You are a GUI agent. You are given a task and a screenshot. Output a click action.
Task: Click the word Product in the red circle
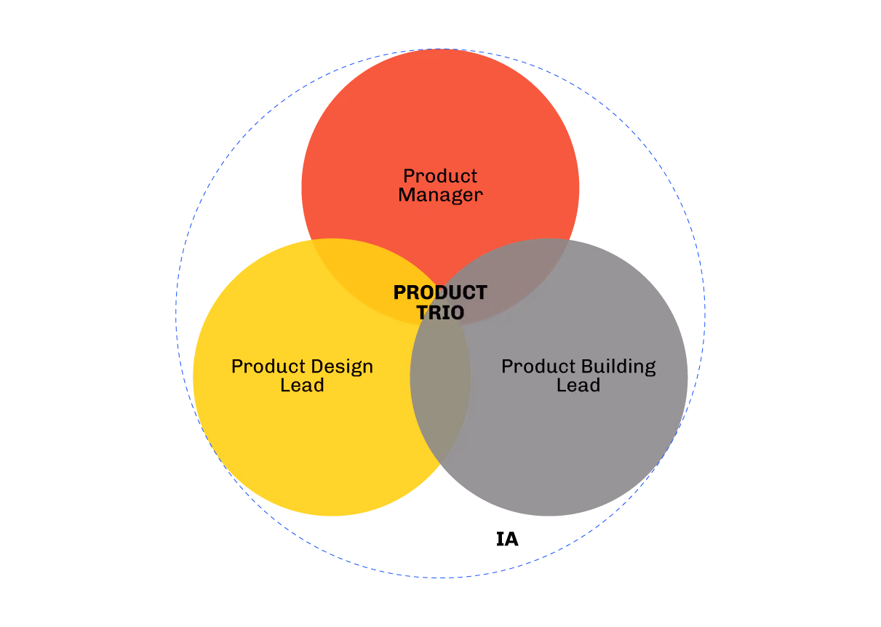[440, 176]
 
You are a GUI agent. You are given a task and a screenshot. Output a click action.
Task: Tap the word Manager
[441, 195]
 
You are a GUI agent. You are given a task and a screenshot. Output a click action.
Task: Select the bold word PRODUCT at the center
[441, 292]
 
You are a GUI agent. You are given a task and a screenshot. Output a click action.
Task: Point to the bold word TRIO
[441, 313]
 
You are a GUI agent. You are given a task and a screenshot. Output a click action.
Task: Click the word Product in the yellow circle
[268, 366]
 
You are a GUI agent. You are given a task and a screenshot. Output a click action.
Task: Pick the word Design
[341, 367]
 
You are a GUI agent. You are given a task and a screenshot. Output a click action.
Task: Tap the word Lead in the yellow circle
[302, 385]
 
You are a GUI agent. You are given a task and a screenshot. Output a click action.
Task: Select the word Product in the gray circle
[538, 366]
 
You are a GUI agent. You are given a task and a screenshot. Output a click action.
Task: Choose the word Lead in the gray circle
[578, 385]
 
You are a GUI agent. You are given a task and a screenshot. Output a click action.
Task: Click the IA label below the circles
[507, 539]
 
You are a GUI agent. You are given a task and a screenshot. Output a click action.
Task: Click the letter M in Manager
[407, 195]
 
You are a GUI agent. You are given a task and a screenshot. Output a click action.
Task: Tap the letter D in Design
[317, 366]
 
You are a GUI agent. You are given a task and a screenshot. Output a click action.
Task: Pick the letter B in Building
[586, 366]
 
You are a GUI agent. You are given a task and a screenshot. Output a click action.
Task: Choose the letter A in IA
[511, 539]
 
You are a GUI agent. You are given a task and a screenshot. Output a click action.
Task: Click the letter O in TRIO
[457, 313]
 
